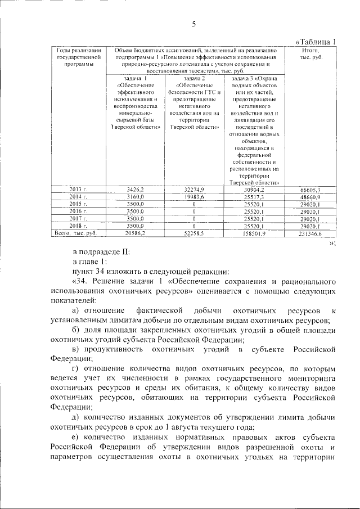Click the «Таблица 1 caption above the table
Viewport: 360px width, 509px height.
point(316,42)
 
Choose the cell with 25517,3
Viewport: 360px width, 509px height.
point(254,197)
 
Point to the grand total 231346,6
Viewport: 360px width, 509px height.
point(310,233)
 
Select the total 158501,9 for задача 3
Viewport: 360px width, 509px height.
point(254,232)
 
